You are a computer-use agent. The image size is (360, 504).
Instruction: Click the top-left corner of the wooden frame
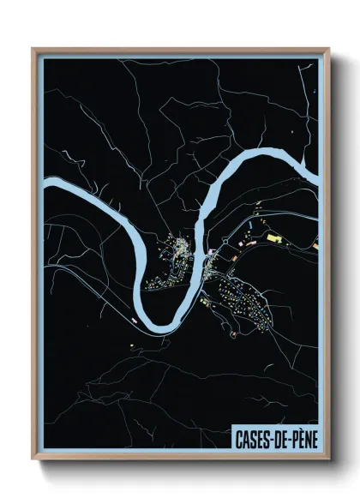33,49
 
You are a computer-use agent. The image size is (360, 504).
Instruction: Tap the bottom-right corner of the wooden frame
328,460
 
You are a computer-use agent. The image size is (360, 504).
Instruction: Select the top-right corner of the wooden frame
328,49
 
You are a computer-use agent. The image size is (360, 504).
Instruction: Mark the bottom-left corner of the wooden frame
33,460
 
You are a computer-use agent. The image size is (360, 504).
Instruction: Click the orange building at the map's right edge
315,246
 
